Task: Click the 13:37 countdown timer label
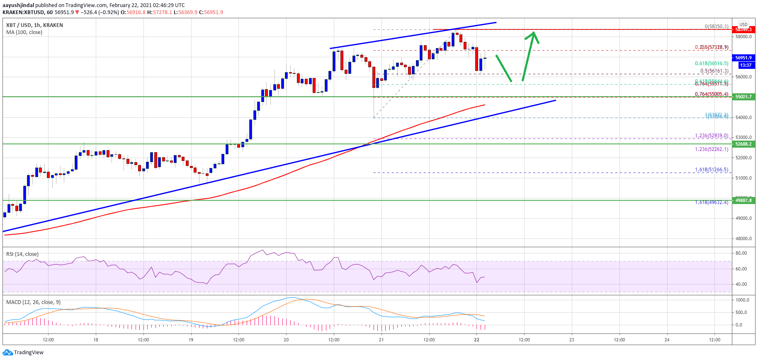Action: click(x=746, y=65)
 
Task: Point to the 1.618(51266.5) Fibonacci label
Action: click(x=711, y=170)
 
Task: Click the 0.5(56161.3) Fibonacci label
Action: click(x=714, y=71)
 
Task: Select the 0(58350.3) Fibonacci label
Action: click(x=716, y=26)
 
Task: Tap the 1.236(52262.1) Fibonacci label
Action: click(x=711, y=149)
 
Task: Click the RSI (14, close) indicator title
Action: click(x=22, y=254)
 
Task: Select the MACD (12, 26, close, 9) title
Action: click(x=33, y=302)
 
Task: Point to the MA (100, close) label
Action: click(x=24, y=32)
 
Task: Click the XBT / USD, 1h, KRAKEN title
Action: click(x=34, y=25)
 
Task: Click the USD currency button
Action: click(x=743, y=24)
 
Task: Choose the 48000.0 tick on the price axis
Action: click(x=743, y=238)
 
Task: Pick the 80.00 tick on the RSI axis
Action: click(x=741, y=253)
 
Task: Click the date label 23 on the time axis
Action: click(x=572, y=340)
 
